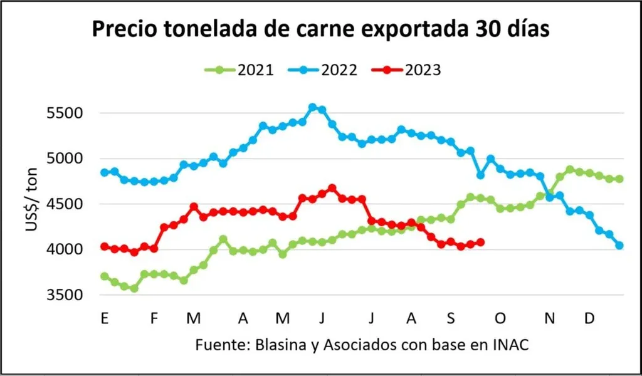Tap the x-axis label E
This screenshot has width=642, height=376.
pyautogui.click(x=104, y=318)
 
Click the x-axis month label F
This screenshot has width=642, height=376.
pyautogui.click(x=154, y=318)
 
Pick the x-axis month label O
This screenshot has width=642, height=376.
pyautogui.click(x=500, y=318)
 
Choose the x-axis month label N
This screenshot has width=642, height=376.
pyautogui.click(x=550, y=318)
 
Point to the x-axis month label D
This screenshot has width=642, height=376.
pyautogui.click(x=589, y=318)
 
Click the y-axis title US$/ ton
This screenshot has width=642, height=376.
pyautogui.click(x=33, y=200)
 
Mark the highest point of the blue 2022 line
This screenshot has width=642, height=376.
pyautogui.click(x=313, y=107)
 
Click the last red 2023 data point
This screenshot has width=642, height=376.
pyautogui.click(x=481, y=242)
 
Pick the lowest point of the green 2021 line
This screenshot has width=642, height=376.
pyautogui.click(x=134, y=288)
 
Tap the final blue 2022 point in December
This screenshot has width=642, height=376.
pyautogui.click(x=619, y=246)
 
